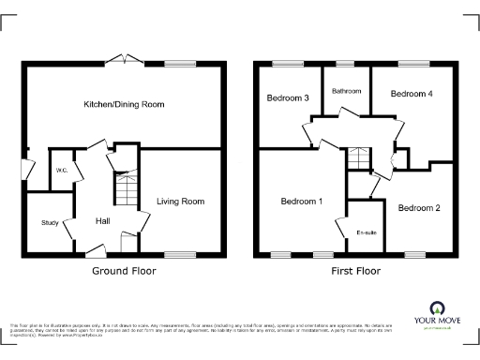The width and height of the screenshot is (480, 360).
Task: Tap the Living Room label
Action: [x=180, y=201]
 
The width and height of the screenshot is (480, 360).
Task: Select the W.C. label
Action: [x=60, y=170]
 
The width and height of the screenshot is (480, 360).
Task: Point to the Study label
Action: [x=49, y=222]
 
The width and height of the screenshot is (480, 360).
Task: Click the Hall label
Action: [x=103, y=220]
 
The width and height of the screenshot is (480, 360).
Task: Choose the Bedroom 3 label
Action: [x=288, y=97]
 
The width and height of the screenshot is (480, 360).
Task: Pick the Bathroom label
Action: [x=346, y=91]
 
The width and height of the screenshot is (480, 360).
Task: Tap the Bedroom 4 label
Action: [x=412, y=94]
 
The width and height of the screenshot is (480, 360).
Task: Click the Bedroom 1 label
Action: [x=302, y=201]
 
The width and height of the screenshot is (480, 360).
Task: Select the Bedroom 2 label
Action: [x=418, y=207]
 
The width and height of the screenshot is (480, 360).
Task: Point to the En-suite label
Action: [x=366, y=232]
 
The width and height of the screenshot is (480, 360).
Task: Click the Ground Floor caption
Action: [x=124, y=271]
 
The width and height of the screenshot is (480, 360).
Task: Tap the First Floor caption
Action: [x=354, y=271]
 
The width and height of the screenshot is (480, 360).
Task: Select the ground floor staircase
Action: [x=125, y=191]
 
